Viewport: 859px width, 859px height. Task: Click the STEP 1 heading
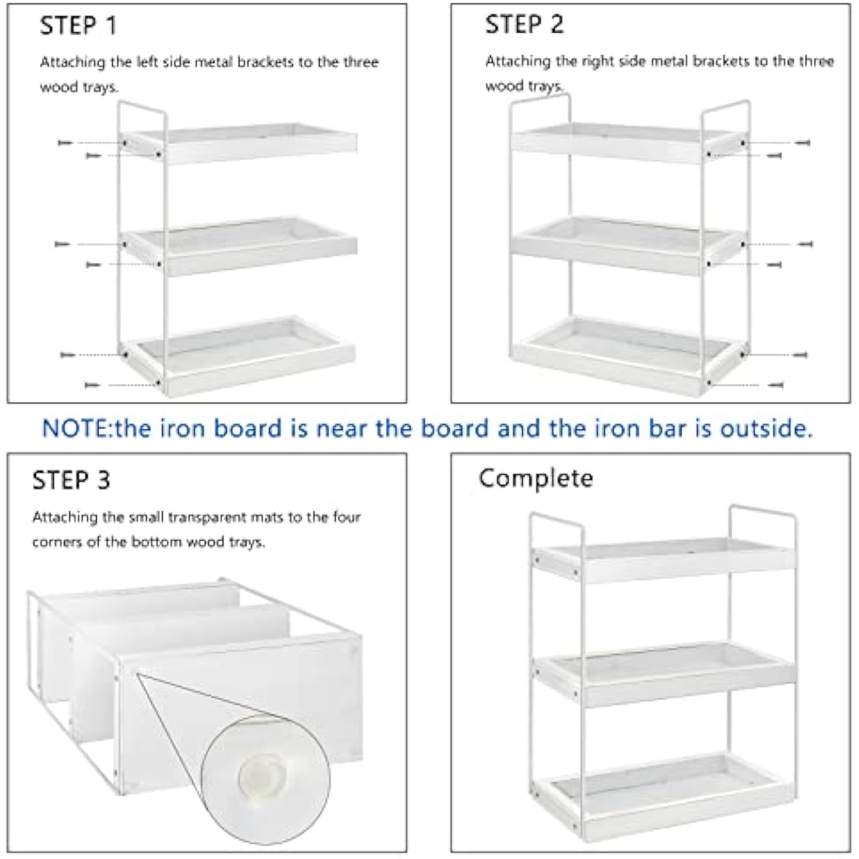pos(78,26)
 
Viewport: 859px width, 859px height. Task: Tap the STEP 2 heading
pos(524,25)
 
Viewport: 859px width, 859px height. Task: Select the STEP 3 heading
pos(71,480)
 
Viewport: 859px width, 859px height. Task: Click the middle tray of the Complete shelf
pos(664,673)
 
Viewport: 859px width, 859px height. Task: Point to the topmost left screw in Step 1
pos(65,142)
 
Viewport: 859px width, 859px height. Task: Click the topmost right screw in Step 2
pos(803,142)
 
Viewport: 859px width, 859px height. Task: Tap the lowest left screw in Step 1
pos(92,385)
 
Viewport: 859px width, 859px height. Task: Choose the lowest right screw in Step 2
pos(775,385)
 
